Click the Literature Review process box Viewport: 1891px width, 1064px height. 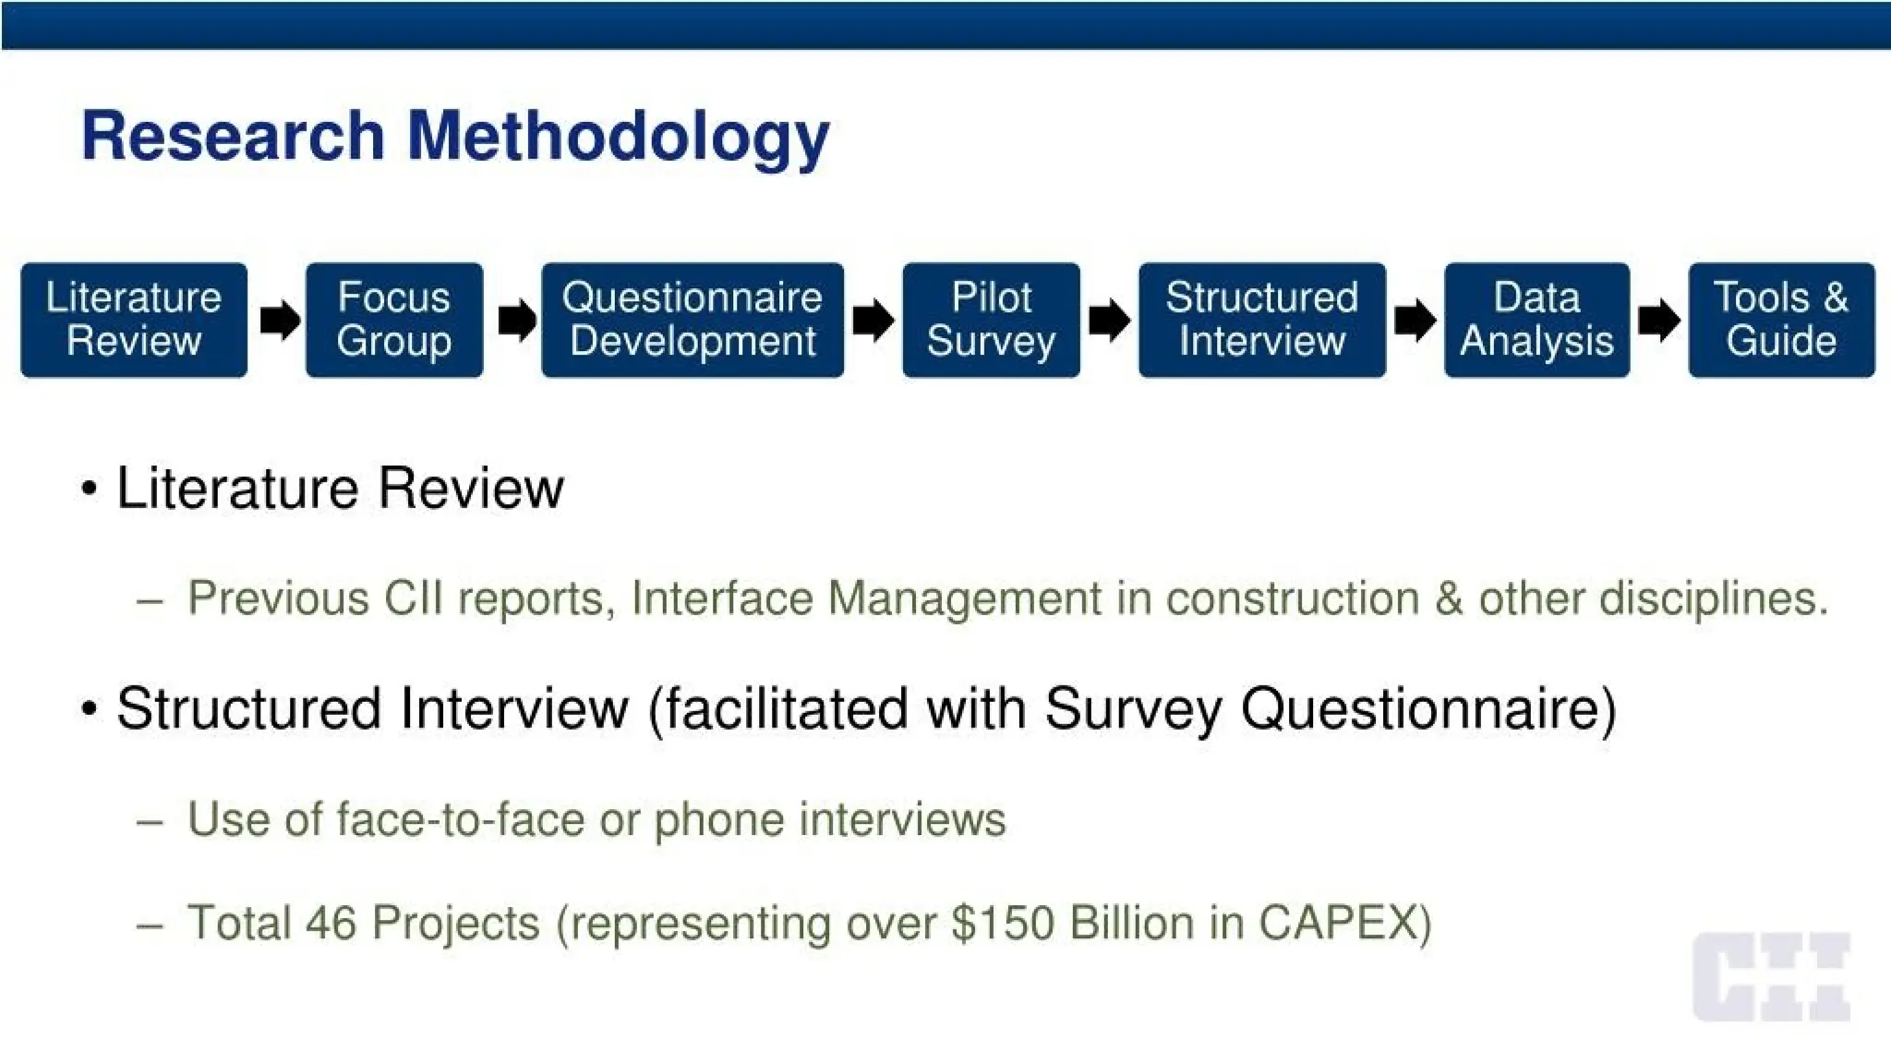pos(134,320)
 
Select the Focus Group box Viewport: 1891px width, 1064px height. pos(394,320)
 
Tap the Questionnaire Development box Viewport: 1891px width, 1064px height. pos(693,320)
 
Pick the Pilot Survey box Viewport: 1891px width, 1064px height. pos(991,320)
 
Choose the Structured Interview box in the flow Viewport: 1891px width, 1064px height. pos(1261,320)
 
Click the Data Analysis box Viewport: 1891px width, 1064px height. pos(1536,320)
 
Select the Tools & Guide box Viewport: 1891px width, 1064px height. pos(1781,320)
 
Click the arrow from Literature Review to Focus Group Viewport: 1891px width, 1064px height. pos(279,320)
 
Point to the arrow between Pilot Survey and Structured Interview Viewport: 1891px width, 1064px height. pos(1109,320)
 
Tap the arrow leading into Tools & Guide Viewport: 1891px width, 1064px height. pos(1658,320)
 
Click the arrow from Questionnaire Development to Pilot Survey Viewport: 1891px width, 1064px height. pos(873,320)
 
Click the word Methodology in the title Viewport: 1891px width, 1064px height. pos(618,137)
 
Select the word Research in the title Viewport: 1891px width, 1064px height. pos(233,137)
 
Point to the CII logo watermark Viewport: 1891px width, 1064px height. pos(1771,977)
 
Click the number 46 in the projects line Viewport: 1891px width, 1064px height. pos(331,923)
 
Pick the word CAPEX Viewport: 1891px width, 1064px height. pos(1343,923)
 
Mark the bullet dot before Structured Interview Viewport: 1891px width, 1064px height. pos(89,709)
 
